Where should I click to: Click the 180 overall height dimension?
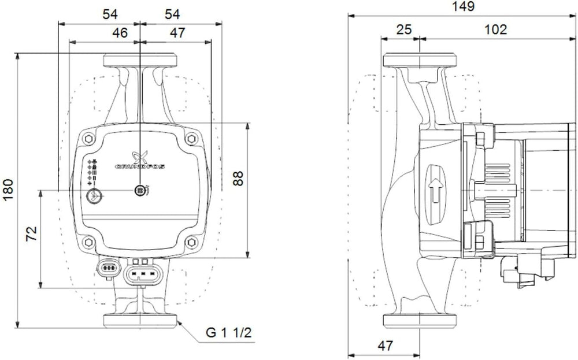pyautogui.click(x=8, y=190)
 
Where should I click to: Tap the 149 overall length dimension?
pyautogui.click(x=464, y=6)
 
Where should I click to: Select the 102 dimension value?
pyautogui.click(x=495, y=29)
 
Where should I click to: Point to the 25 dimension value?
pyautogui.click(x=403, y=29)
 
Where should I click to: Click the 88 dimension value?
pyautogui.click(x=238, y=179)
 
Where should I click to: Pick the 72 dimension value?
pyautogui.click(x=31, y=233)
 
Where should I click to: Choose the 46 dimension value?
pyautogui.click(x=120, y=33)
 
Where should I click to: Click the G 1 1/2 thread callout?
pyautogui.click(x=228, y=333)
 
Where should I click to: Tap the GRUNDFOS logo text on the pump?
pyautogui.click(x=140, y=166)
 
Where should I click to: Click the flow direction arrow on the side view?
pyautogui.click(x=435, y=191)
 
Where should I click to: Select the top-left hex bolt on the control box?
pyautogui.click(x=89, y=139)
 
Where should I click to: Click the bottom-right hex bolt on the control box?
pyautogui.click(x=191, y=242)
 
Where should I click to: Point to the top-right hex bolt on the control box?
pyautogui.click(x=191, y=139)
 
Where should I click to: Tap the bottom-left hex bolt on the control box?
pyautogui.click(x=88, y=242)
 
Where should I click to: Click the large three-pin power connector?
pyautogui.click(x=142, y=274)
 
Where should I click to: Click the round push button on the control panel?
pyautogui.click(x=93, y=196)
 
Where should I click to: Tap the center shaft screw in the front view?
pyautogui.click(x=140, y=190)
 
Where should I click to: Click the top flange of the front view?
pyautogui.click(x=140, y=61)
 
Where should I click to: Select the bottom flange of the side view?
pyautogui.click(x=420, y=321)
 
